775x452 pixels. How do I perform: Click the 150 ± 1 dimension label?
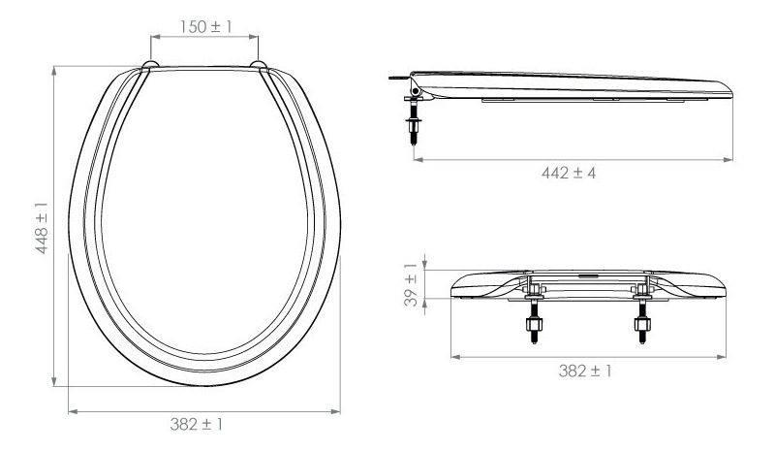pyautogui.click(x=205, y=27)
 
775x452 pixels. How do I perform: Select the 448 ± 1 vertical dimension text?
pyautogui.click(x=42, y=228)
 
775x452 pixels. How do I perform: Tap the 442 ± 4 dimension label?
pyautogui.click(x=569, y=173)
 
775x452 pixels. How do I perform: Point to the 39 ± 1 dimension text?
pyautogui.click(x=411, y=284)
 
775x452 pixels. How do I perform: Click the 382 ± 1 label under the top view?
pyautogui.click(x=197, y=424)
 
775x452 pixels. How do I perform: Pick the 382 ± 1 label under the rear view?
pyautogui.click(x=585, y=371)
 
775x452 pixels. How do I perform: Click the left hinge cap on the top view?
pyautogui.click(x=150, y=65)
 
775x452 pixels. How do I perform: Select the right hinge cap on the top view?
pyautogui.click(x=259, y=65)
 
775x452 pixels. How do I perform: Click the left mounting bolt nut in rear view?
pyautogui.click(x=534, y=324)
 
